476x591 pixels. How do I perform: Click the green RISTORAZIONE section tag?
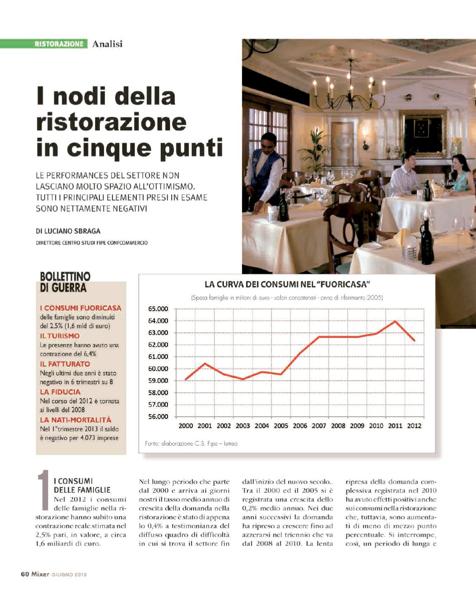pos(59,44)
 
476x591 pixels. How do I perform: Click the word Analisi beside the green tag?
pos(107,44)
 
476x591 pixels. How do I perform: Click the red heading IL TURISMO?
pos(60,336)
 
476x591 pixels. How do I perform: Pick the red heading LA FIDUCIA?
pos(60,392)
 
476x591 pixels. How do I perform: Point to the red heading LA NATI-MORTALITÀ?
pos(76,420)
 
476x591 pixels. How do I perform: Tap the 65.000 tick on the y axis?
pos(158,309)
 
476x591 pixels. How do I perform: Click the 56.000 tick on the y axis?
pos(158,417)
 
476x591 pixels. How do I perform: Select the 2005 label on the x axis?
pos(281,426)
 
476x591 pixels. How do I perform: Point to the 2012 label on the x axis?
pos(414,426)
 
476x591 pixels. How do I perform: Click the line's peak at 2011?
pos(395,321)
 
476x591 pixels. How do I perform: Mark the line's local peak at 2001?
pos(205,363)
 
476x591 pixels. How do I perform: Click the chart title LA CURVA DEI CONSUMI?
pos(287,284)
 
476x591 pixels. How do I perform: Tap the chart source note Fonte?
pos(191,444)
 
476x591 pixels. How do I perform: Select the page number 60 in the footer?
pos(25,574)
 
